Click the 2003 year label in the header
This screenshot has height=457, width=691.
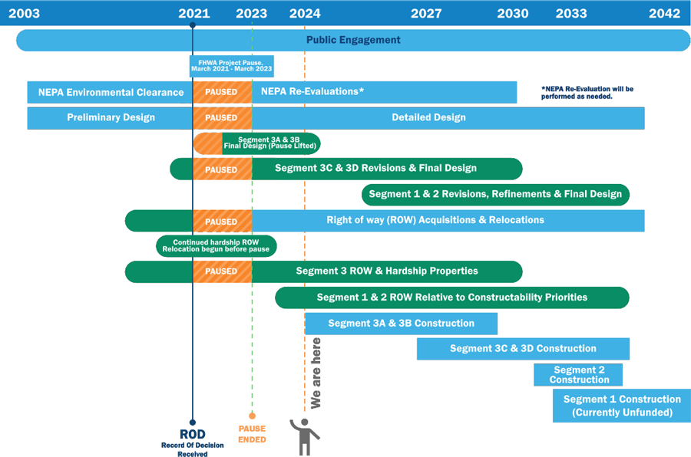(25, 14)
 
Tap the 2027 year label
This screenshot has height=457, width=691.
(426, 14)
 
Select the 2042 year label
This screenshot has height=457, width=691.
(665, 14)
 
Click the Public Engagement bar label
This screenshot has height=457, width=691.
(353, 40)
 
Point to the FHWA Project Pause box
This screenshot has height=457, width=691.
(232, 66)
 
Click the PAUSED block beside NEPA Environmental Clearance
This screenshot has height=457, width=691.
(222, 92)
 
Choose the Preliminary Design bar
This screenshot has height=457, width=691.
(110, 117)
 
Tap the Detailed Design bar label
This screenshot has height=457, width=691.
(428, 117)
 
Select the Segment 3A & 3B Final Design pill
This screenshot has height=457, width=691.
(257, 143)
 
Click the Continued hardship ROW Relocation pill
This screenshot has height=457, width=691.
(217, 245)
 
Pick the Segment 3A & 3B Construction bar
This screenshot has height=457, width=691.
(401, 324)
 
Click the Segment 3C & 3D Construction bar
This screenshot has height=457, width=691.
(523, 349)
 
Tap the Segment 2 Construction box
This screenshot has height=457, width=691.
(578, 375)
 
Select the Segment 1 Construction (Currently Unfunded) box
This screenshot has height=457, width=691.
(622, 406)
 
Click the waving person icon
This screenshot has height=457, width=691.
(305, 437)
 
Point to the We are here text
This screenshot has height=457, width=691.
(316, 373)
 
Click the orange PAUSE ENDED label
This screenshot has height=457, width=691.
(252, 434)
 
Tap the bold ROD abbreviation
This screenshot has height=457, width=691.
(193, 435)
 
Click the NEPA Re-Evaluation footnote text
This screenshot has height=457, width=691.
(587, 93)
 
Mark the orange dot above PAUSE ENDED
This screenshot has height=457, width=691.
(252, 416)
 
